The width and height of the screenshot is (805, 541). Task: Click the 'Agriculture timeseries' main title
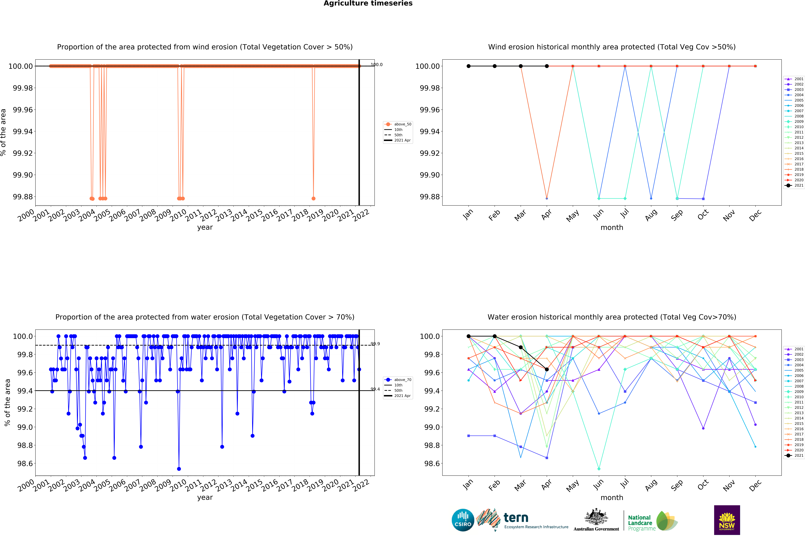pos(368,3)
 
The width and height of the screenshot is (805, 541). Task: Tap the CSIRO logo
pos(463,520)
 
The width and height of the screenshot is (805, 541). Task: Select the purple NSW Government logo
pos(727,520)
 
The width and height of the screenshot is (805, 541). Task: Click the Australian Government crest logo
pos(596,519)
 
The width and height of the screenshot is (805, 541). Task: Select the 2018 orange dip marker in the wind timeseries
pos(313,198)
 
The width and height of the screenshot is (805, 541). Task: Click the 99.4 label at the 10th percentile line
pos(375,389)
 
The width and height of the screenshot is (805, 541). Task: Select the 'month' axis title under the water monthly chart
pos(612,498)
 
